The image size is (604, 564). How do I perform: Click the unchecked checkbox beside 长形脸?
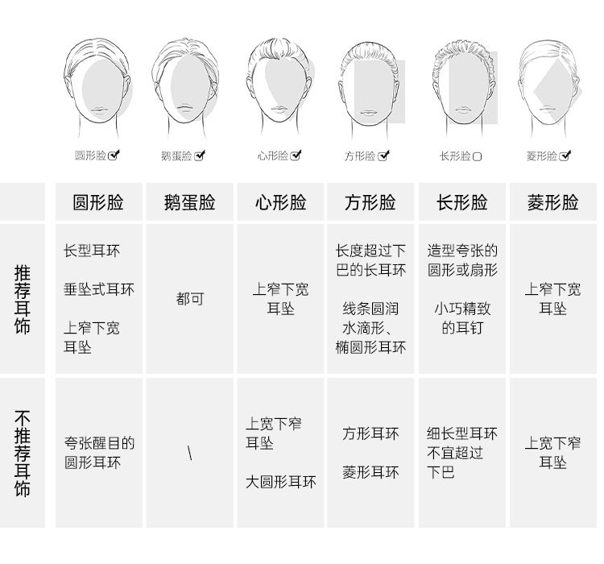[477, 156]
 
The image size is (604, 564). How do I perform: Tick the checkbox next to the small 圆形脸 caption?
[114, 156]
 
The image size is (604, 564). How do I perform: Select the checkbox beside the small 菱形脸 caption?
[565, 156]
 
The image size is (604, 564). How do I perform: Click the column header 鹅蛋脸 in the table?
[189, 202]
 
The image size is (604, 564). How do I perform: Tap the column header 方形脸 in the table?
[370, 202]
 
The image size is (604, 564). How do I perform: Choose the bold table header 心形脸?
[280, 202]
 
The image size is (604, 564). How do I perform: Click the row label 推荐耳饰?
[23, 299]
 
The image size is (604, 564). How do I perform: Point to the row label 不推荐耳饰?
[23, 453]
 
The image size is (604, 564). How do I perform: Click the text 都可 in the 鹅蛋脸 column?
[190, 299]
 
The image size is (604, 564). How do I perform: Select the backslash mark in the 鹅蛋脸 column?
[189, 453]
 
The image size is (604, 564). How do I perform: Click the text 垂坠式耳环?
[99, 289]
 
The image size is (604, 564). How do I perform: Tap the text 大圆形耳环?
[281, 482]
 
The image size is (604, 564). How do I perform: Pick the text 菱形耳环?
[370, 472]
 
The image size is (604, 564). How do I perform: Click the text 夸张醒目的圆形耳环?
[99, 453]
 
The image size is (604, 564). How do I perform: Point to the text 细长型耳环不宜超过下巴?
[462, 453]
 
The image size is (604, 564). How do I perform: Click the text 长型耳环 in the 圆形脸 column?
[92, 251]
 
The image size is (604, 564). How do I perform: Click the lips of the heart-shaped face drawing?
[280, 109]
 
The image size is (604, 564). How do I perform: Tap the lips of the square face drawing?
[369, 113]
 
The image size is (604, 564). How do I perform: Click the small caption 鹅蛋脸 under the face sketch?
[176, 156]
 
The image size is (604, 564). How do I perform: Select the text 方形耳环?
[370, 433]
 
